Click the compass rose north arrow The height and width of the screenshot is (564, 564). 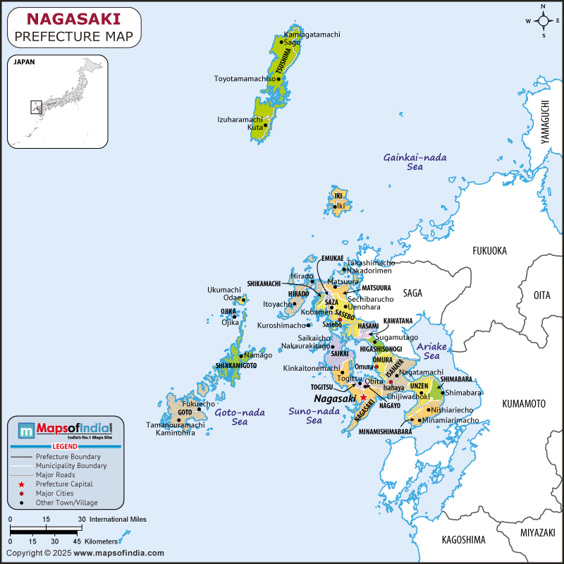coord(544,10)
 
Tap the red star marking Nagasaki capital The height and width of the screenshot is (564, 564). coord(364,398)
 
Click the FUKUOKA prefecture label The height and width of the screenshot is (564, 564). coord(489,250)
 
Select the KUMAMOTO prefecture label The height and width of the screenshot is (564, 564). coord(524,404)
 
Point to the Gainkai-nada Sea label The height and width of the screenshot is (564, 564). coord(415,162)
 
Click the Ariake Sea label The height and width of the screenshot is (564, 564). coord(432,352)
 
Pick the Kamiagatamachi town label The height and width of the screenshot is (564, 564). coord(312,34)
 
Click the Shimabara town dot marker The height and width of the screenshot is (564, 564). coord(443,393)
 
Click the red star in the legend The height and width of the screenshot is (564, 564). coord(22,484)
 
